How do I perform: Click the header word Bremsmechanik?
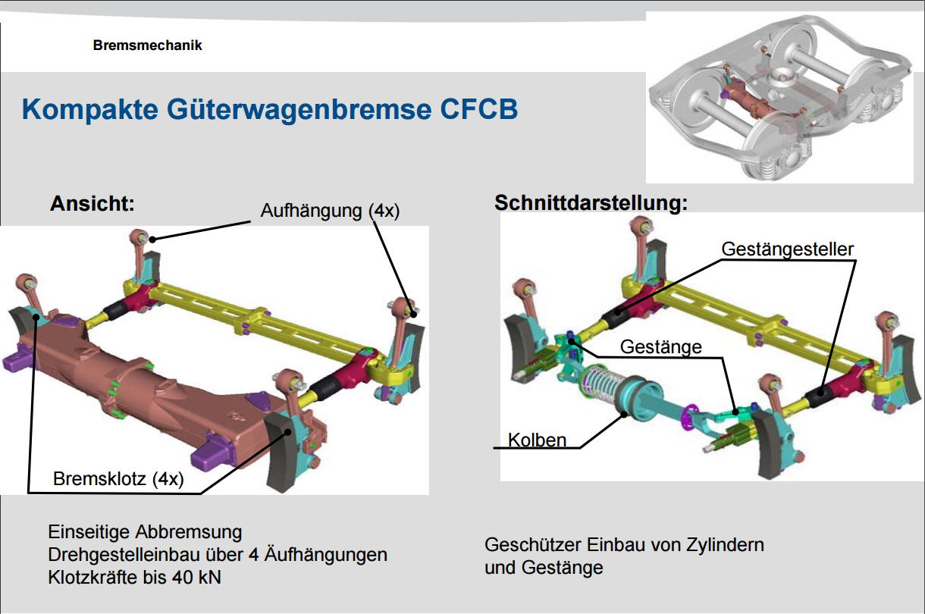(x=148, y=45)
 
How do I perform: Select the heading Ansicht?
(x=92, y=204)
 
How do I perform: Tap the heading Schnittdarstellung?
(x=591, y=203)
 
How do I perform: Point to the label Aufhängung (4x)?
(x=329, y=211)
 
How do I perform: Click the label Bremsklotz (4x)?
(x=118, y=480)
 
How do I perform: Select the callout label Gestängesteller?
(x=787, y=249)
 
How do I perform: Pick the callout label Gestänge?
(x=660, y=346)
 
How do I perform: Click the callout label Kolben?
(x=537, y=440)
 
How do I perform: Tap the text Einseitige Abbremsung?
(x=145, y=531)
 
